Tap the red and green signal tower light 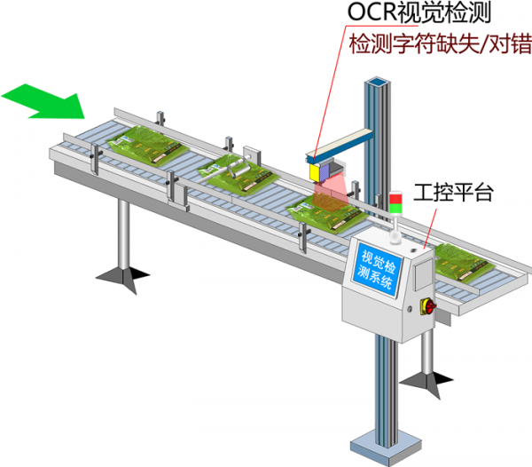(x=395, y=202)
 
